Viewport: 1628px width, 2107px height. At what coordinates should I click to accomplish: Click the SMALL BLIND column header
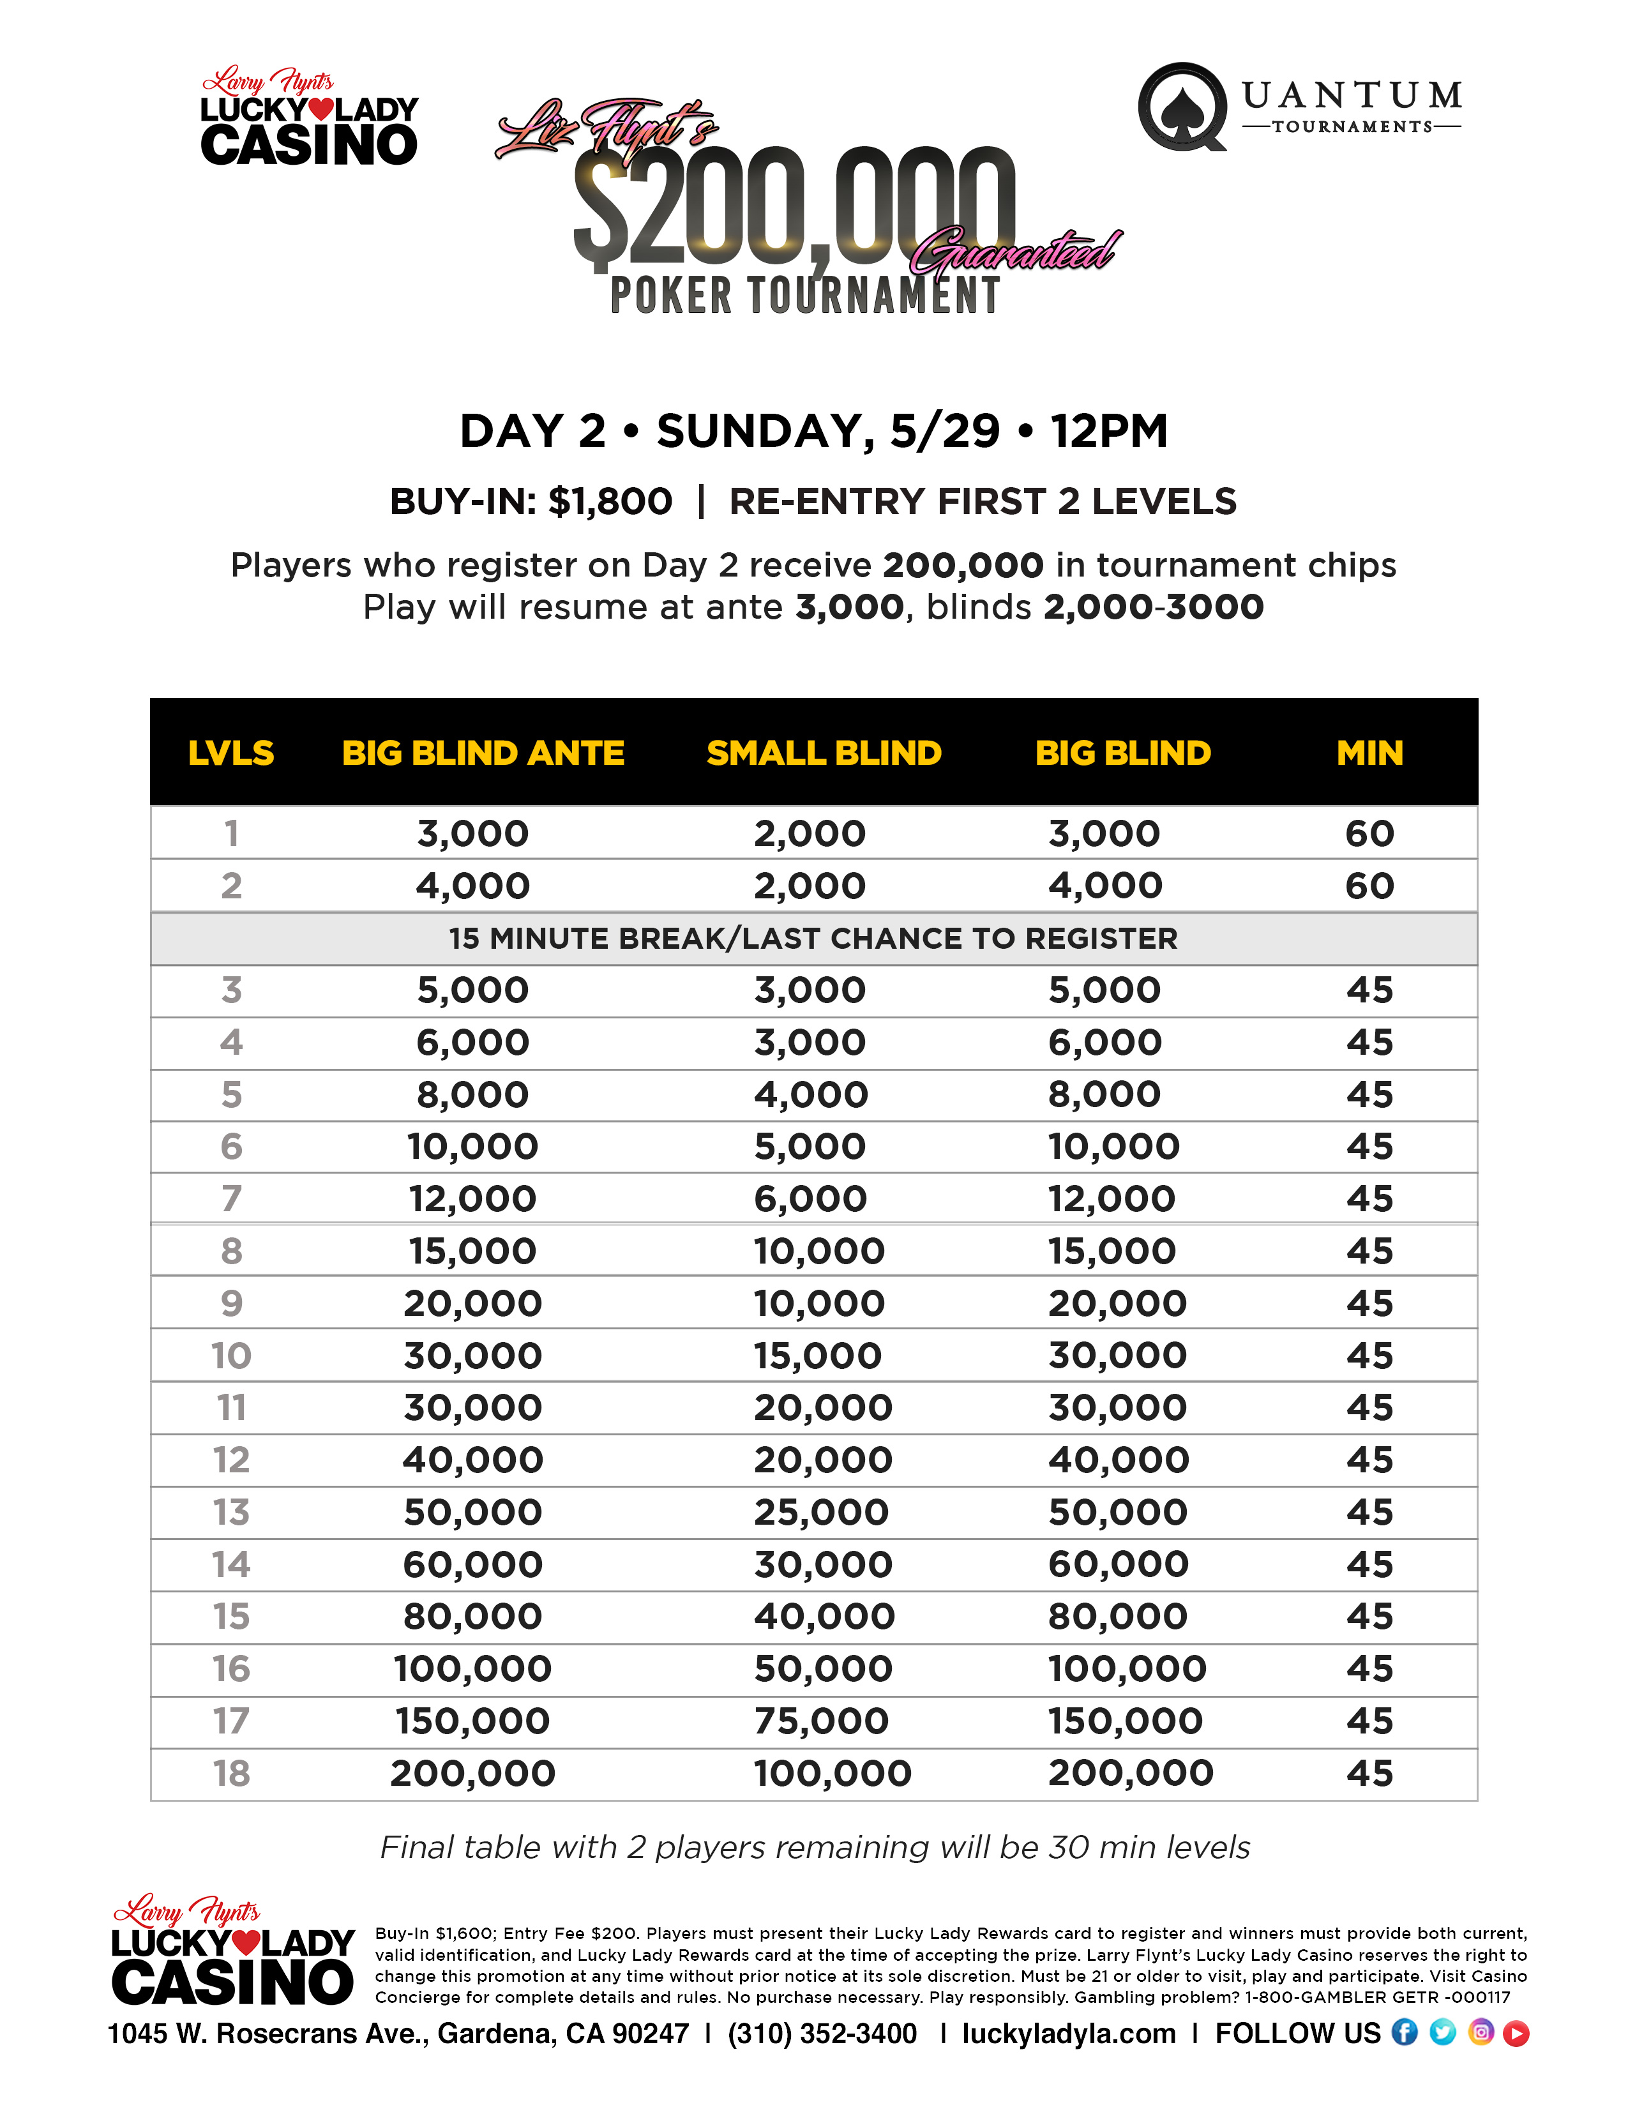pos(824,753)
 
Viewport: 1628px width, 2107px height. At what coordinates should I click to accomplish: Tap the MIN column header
pos(1369,753)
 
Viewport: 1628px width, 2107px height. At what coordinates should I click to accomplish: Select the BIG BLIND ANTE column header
pos(483,753)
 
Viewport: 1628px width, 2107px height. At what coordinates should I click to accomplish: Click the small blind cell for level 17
pos(822,1721)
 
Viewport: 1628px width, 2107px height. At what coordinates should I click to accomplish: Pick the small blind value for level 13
pos(822,1512)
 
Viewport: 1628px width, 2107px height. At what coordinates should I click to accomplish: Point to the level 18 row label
pos(232,1773)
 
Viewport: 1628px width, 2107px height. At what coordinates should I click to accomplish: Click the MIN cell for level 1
pos(1369,833)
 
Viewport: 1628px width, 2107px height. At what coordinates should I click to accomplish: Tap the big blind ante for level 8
pos(472,1251)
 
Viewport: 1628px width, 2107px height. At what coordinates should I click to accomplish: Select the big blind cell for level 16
pos(1126,1669)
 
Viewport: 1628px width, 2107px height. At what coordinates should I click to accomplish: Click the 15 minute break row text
pos(813,938)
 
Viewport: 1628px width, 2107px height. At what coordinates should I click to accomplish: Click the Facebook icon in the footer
pos(1405,2033)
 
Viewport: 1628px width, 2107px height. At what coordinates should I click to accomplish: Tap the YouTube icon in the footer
pos(1516,2033)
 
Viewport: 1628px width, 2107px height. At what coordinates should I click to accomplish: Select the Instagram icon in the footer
pos(1481,2033)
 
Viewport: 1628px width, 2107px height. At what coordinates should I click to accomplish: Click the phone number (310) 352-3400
pos(823,2034)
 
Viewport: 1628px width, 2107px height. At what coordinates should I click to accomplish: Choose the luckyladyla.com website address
pos(1069,2034)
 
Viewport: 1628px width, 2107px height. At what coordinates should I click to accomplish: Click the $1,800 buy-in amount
pos(610,502)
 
